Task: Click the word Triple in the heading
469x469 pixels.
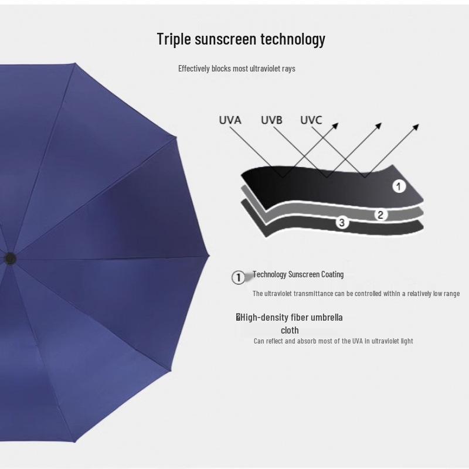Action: [174, 40]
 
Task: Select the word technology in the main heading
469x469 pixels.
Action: [293, 40]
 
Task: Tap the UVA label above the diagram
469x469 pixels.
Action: [230, 120]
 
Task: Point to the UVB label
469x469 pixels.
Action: [271, 120]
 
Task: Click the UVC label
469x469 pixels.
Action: [311, 120]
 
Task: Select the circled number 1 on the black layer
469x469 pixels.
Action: [399, 187]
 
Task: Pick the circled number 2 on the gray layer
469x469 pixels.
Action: [380, 215]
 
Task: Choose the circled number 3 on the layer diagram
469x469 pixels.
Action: [342, 222]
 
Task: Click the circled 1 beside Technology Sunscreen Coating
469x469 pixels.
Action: [238, 277]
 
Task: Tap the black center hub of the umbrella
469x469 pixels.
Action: [10, 258]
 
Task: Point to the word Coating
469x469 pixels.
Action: [332, 274]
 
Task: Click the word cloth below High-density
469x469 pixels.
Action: [290, 330]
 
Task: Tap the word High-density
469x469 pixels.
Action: [264, 318]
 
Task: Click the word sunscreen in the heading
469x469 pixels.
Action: [226, 40]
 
